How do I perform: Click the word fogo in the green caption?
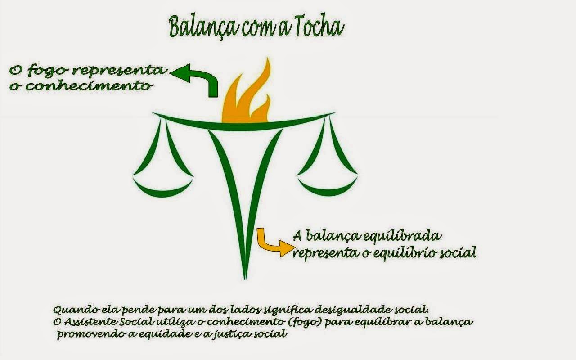pyautogui.click(x=49, y=71)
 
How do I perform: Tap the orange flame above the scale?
pyautogui.click(x=247, y=99)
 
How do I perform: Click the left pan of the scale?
pyautogui.click(x=163, y=189)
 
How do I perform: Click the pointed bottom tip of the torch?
pyautogui.click(x=245, y=275)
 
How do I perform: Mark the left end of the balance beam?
pyautogui.click(x=155, y=114)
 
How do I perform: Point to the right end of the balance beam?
pyautogui.click(x=333, y=113)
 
